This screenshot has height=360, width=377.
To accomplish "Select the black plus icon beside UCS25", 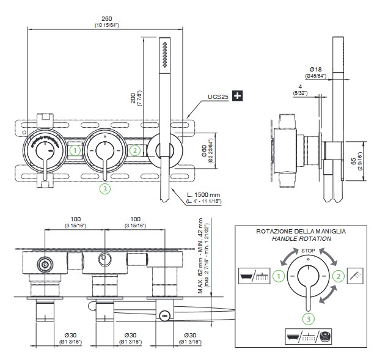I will pyautogui.click(x=238, y=96).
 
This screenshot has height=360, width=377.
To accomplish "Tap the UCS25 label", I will pyautogui.click(x=218, y=97).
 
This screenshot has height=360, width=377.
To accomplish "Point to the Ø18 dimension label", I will pyautogui.click(x=315, y=70).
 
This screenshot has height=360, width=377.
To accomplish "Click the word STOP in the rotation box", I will pyautogui.click(x=308, y=250).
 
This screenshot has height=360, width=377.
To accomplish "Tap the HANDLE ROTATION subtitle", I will pyautogui.click(x=301, y=238).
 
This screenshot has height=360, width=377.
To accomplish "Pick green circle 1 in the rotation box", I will pyautogui.click(x=279, y=276).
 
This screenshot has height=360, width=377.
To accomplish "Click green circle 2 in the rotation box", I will pyautogui.click(x=337, y=276).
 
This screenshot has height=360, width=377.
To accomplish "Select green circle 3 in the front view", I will pyautogui.click(x=104, y=188).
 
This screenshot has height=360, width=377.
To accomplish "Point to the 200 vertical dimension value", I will pyautogui.click(x=133, y=98).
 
